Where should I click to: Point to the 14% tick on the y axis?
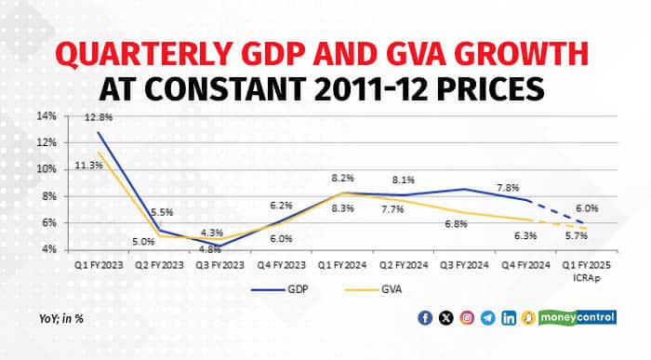tap(47, 116)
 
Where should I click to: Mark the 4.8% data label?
tap(211, 248)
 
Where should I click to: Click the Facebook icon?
tap(426, 318)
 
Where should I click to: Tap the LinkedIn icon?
tap(508, 318)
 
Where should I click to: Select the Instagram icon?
tap(467, 318)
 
